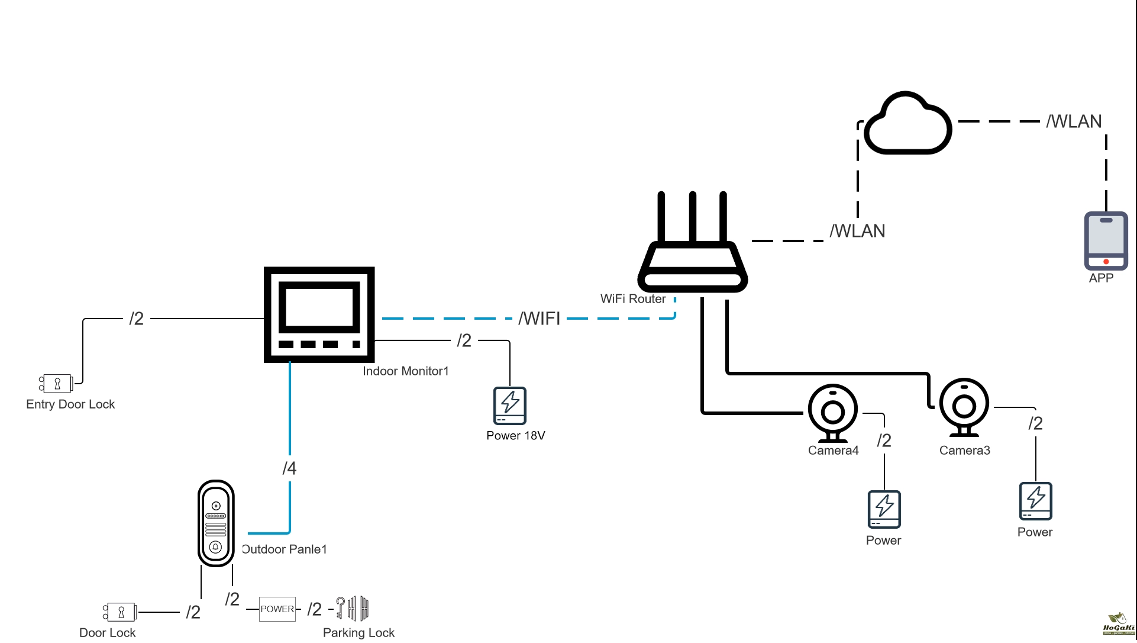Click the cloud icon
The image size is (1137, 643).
pos(907,124)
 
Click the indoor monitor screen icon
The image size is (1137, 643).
pos(319,314)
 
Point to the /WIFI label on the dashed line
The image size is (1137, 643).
pos(540,319)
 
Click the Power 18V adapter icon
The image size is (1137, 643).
pos(509,406)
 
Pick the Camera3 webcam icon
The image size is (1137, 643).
pos(964,407)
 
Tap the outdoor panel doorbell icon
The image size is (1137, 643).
pos(216,523)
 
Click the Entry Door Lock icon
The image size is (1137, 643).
pos(56,383)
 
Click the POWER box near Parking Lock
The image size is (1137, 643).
pos(277,609)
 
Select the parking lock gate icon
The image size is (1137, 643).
pos(353,608)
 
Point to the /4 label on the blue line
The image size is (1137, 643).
pos(289,468)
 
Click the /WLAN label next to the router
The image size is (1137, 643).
pos(857,231)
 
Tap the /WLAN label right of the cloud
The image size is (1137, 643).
pos(1074,121)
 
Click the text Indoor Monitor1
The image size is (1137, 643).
pos(405,371)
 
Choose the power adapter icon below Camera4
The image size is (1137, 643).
pos(884,509)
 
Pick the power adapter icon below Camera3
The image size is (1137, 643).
pos(1035,501)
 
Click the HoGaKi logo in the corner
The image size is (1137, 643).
pos(1118,625)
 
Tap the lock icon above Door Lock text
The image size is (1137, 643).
pos(120,612)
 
